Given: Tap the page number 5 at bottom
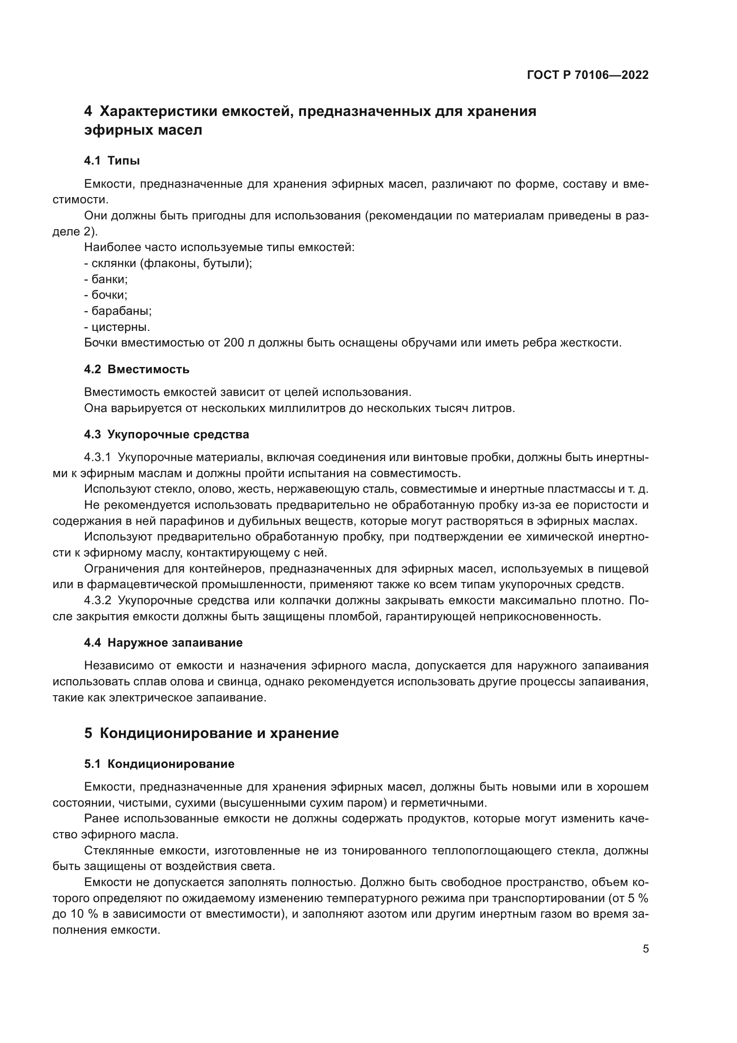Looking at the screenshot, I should (645, 949).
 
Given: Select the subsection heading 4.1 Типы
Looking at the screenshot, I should (112, 161).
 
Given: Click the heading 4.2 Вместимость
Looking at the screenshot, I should (137, 369).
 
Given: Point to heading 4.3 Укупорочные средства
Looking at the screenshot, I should (167, 434).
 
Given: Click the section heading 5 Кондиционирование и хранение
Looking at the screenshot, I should (212, 733).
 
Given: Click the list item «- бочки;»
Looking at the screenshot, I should (106, 295).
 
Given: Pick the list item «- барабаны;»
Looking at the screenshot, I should (118, 311).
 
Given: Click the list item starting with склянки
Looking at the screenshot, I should (168, 263).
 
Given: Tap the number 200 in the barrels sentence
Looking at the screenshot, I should (234, 343).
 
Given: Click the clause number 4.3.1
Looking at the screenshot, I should (97, 458).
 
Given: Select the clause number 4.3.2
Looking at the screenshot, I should (97, 601).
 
